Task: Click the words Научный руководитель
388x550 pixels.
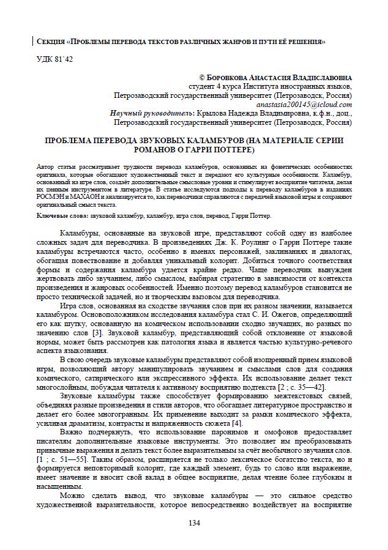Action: [149, 113]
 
